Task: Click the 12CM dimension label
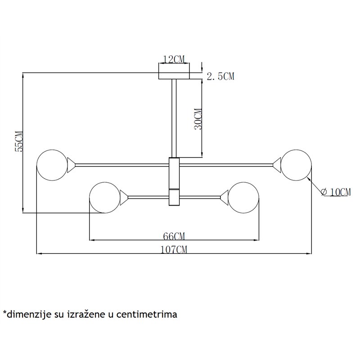(x=174, y=59)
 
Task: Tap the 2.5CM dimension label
(x=220, y=76)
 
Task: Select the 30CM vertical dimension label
(x=198, y=119)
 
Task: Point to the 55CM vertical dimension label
(x=19, y=141)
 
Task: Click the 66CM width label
(x=174, y=236)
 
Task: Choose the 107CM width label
(x=174, y=250)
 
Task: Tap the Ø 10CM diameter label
(x=336, y=192)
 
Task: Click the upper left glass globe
(x=52, y=165)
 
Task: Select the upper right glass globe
(x=296, y=165)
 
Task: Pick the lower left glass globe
(x=105, y=198)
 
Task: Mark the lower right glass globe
(x=243, y=198)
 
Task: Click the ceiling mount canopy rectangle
(x=174, y=76)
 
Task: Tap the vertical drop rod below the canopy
(x=174, y=118)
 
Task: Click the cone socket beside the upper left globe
(x=71, y=165)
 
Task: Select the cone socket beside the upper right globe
(x=277, y=165)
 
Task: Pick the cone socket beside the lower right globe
(x=224, y=198)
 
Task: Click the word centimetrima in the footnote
(x=147, y=314)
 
